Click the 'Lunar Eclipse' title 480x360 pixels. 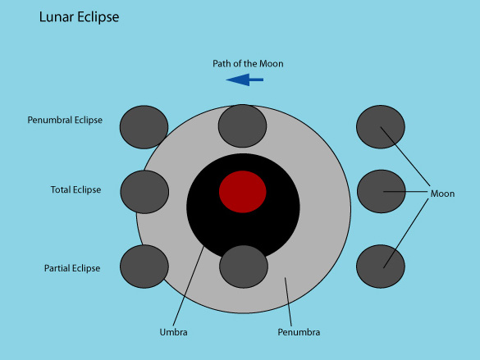click(79, 17)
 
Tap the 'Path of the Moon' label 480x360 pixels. click(248, 64)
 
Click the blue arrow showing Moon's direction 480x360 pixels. click(245, 80)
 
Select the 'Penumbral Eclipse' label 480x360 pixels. click(65, 120)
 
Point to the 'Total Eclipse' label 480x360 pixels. click(76, 189)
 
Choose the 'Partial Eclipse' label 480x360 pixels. click(72, 268)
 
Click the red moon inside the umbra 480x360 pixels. click(242, 192)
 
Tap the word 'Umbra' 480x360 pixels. click(174, 332)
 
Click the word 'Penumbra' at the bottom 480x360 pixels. click(299, 332)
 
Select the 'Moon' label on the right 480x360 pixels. click(442, 194)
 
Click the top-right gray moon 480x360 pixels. click(381, 127)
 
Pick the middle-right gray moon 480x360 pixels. click(382, 191)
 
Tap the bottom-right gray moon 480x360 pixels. click(381, 267)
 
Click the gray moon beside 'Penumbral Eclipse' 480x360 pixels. click(144, 127)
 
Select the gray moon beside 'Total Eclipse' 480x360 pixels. click(144, 192)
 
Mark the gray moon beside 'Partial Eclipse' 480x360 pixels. click(144, 267)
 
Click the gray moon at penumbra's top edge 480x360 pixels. click(242, 126)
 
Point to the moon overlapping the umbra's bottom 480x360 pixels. click(244, 267)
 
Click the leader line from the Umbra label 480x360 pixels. click(189, 286)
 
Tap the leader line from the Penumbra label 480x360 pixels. click(288, 302)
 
